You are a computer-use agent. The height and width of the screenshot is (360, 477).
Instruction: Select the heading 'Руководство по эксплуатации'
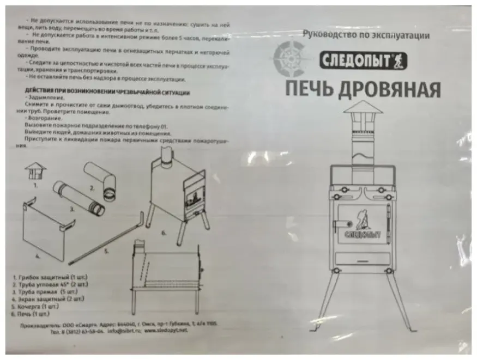pyautogui.click(x=366, y=35)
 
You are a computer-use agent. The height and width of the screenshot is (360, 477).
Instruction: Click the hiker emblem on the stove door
pyautogui.click(x=360, y=216)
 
